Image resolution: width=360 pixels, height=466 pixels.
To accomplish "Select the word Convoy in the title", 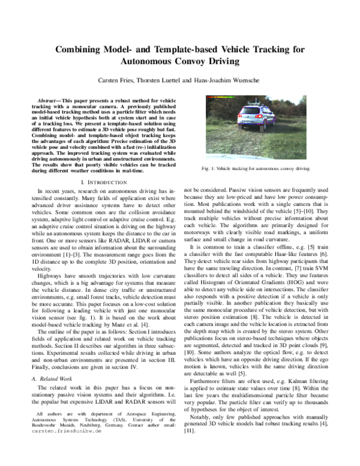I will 199,61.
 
